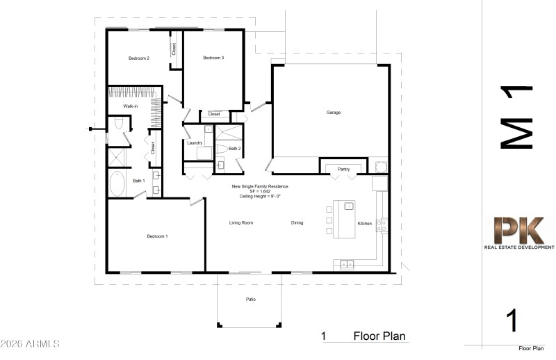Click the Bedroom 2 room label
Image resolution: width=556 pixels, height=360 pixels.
[x=139, y=58]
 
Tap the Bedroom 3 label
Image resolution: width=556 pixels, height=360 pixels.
[x=213, y=58]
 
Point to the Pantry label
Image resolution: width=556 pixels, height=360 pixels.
[x=343, y=168]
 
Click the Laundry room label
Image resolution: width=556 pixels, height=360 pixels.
[x=195, y=142]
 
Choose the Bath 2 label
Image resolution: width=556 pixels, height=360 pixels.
[x=235, y=149]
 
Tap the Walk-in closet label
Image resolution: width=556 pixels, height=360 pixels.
[x=130, y=106]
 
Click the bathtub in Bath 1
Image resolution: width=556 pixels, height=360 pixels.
[x=117, y=186]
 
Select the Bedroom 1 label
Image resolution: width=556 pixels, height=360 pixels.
[x=157, y=236]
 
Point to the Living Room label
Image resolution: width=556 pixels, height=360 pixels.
[x=241, y=223]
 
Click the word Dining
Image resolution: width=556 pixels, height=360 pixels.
[x=297, y=223]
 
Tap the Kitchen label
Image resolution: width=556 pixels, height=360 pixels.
[x=365, y=224]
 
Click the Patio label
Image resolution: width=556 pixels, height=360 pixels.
[x=250, y=300]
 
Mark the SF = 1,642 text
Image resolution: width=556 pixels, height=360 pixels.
[x=260, y=192]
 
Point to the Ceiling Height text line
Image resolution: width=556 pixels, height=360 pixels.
[x=260, y=197]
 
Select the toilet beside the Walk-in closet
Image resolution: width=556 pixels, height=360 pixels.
[x=118, y=124]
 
